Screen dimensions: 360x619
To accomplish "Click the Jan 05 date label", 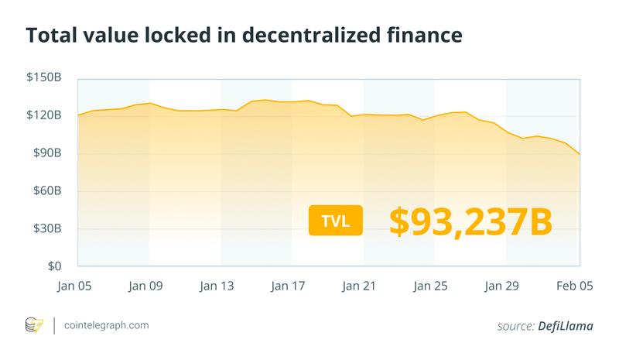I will point(75,286).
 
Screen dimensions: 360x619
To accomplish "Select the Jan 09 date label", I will point(146,286).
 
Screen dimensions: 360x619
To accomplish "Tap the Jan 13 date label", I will point(217,286).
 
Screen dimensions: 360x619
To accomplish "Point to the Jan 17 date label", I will point(289,286).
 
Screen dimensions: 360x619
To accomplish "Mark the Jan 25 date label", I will point(431,286).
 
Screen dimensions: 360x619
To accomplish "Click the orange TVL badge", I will point(336,221).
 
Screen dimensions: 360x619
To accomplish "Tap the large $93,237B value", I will point(470,220).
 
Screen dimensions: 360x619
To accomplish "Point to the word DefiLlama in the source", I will point(566,326).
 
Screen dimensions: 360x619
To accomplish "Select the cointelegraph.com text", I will point(107,326).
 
